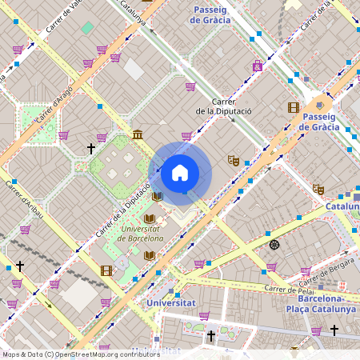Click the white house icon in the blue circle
coord(180,172)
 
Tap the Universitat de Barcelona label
coord(140,233)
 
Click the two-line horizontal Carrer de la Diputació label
coord(224,107)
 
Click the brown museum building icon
coord(138,134)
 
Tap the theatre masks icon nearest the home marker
coord(233,160)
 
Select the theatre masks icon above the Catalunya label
coord(318,190)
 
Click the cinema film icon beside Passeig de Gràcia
coord(294,107)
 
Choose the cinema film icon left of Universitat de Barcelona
coord(106,270)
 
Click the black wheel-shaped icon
coord(274,244)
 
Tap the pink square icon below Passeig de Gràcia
coord(258,66)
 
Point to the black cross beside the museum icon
coord(91,148)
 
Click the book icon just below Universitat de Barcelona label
coord(149,255)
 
